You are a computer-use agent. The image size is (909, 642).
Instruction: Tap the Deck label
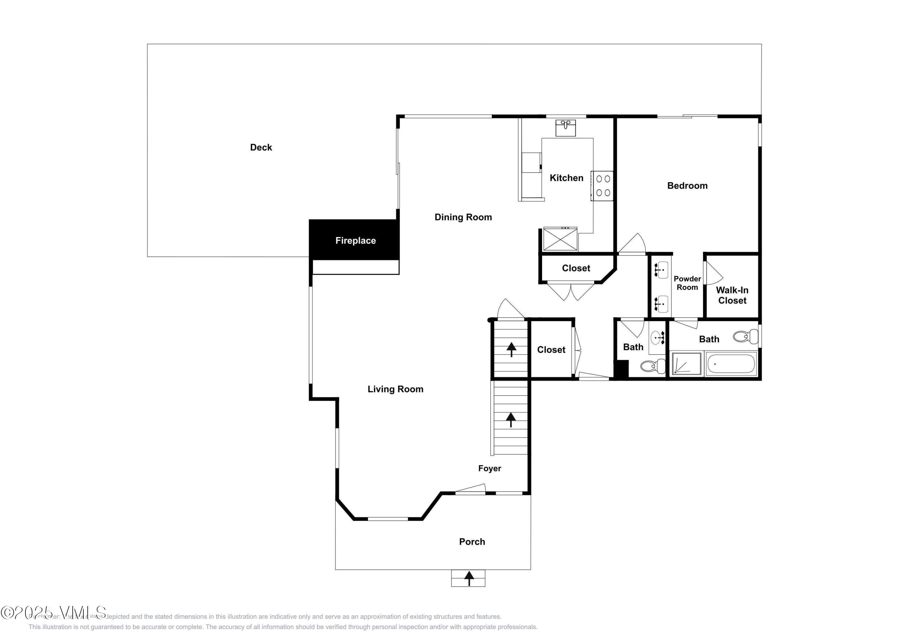(261, 147)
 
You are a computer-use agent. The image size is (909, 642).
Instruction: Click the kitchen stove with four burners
(602, 186)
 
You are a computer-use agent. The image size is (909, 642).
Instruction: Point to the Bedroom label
(687, 186)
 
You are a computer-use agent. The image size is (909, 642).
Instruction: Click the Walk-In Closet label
(732, 295)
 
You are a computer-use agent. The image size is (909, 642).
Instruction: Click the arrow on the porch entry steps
(469, 578)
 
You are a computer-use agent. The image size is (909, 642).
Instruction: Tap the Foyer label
(489, 468)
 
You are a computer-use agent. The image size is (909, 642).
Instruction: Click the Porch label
(472, 542)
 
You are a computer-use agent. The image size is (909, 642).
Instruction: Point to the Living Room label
(395, 389)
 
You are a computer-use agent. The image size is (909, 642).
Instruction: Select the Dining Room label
(463, 217)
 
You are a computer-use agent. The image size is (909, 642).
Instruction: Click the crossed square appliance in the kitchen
(560, 239)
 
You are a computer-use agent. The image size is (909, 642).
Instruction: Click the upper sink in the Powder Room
(660, 270)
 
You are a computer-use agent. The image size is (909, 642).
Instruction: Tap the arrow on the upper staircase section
(511, 349)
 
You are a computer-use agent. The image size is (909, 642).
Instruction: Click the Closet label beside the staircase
(551, 350)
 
